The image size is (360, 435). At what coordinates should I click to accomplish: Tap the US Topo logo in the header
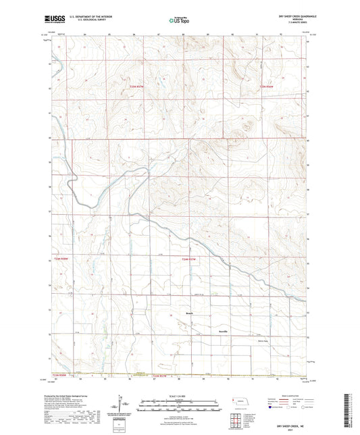[179, 20]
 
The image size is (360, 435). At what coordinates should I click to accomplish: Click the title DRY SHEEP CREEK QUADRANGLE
[286, 16]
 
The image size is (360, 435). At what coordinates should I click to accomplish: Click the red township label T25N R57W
[137, 86]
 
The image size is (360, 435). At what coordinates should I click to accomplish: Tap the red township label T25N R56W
[267, 86]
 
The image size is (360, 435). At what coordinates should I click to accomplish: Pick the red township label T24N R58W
[61, 258]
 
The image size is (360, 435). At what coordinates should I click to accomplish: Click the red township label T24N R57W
[192, 258]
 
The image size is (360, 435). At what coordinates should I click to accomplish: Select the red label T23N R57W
[159, 375]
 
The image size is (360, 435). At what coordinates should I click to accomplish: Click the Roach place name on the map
[190, 314]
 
